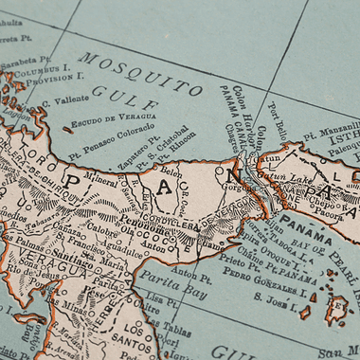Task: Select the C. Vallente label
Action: tap(66, 99)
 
